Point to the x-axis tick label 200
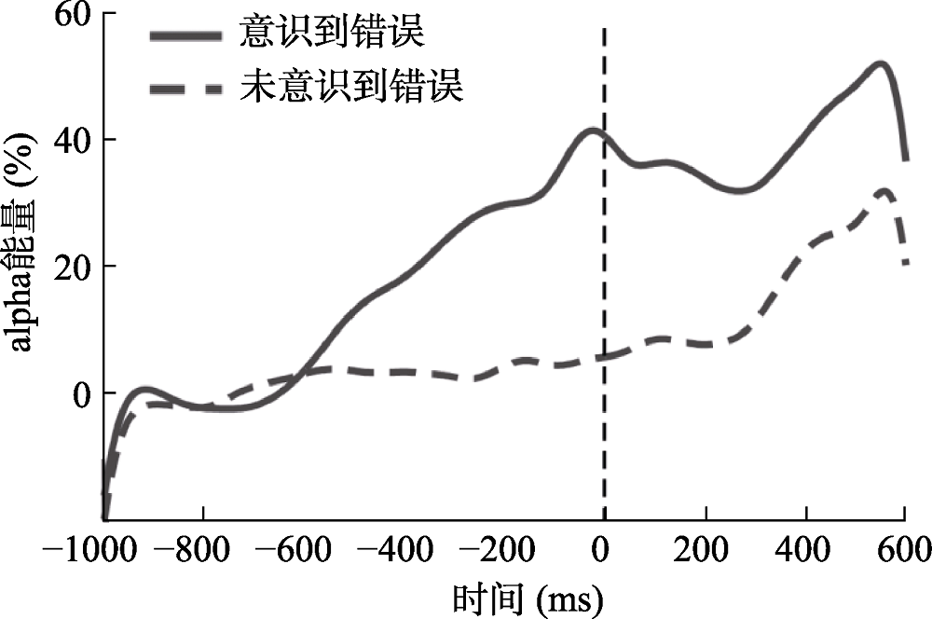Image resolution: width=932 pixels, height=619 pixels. (706, 552)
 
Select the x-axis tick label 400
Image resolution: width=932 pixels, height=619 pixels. (806, 552)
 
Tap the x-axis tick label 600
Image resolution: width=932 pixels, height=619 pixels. (904, 552)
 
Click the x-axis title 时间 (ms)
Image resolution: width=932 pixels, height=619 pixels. (527, 595)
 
